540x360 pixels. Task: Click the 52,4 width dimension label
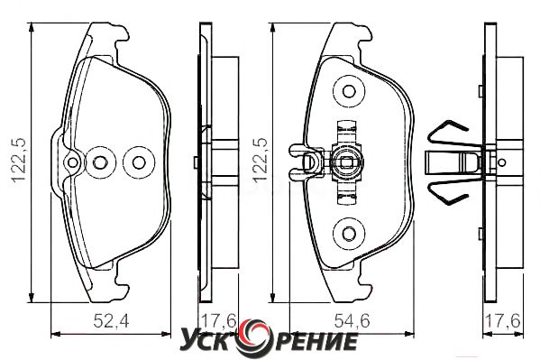(x=111, y=322)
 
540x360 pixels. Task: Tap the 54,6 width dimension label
(x=352, y=322)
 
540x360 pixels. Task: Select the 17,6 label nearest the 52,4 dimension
(x=218, y=322)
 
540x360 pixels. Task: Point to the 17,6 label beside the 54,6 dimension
(x=502, y=322)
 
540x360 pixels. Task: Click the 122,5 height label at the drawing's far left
(x=18, y=160)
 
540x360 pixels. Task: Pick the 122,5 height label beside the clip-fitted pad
(x=260, y=160)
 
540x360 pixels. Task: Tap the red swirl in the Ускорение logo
(x=255, y=337)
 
